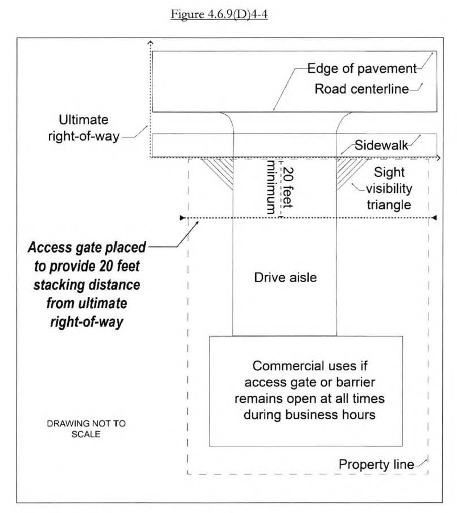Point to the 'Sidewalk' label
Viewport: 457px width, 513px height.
[x=381, y=144]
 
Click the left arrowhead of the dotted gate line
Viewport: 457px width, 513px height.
[x=182, y=218]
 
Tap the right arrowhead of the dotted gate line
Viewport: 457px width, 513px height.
[x=434, y=218]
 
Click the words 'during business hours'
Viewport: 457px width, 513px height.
[x=310, y=415]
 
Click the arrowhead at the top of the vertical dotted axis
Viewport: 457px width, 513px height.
[x=150, y=43]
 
